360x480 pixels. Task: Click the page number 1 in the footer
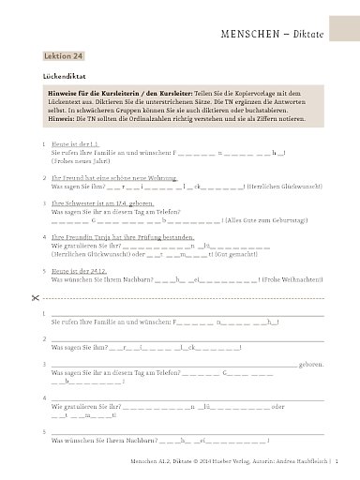click(x=349, y=463)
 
